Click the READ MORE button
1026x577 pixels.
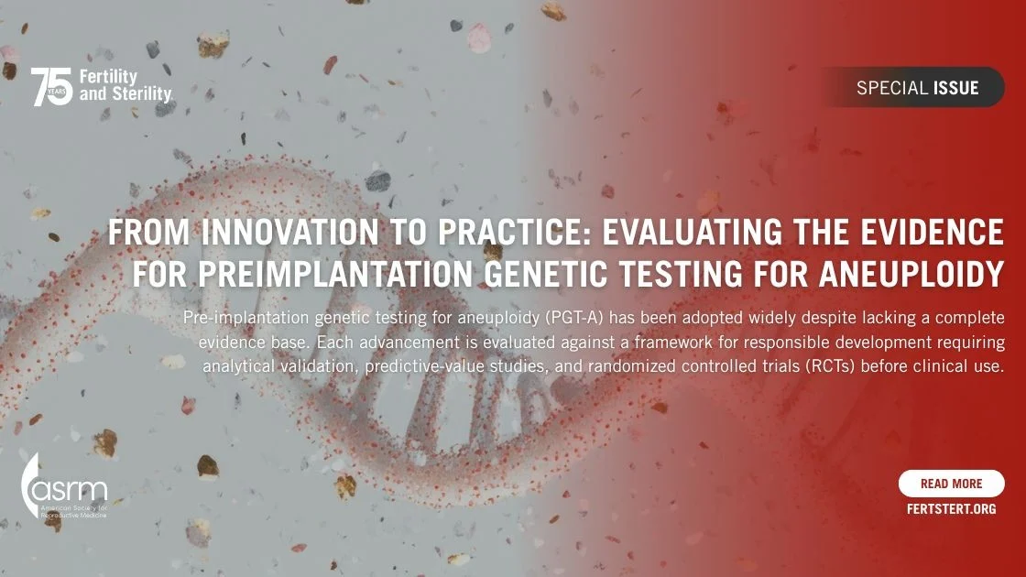951,484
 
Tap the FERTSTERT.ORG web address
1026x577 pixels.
951,508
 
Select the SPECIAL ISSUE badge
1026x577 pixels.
917,88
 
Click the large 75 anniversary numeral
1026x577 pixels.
52,86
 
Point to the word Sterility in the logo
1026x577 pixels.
142,93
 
